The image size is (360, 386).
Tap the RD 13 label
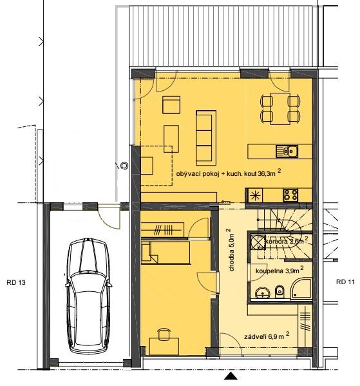click(16, 282)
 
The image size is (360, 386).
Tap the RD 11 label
click(345, 282)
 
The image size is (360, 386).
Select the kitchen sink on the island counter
click(287, 151)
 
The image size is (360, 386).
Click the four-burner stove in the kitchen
click(290, 195)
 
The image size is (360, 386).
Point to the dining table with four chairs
click(280, 108)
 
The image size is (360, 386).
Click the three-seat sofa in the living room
click(206, 138)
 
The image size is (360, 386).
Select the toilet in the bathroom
click(279, 292)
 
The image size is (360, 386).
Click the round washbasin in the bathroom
click(262, 293)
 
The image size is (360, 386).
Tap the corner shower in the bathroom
click(301, 289)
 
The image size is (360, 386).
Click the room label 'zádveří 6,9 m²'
click(267, 336)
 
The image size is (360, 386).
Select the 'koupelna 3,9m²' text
click(279, 270)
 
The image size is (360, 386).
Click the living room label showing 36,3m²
click(229, 173)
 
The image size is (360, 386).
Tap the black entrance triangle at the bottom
click(231, 376)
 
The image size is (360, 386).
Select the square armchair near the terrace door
click(171, 104)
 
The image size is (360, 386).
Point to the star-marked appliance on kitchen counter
click(255, 195)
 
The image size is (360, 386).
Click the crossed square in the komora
click(258, 242)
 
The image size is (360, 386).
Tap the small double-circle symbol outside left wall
click(125, 166)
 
